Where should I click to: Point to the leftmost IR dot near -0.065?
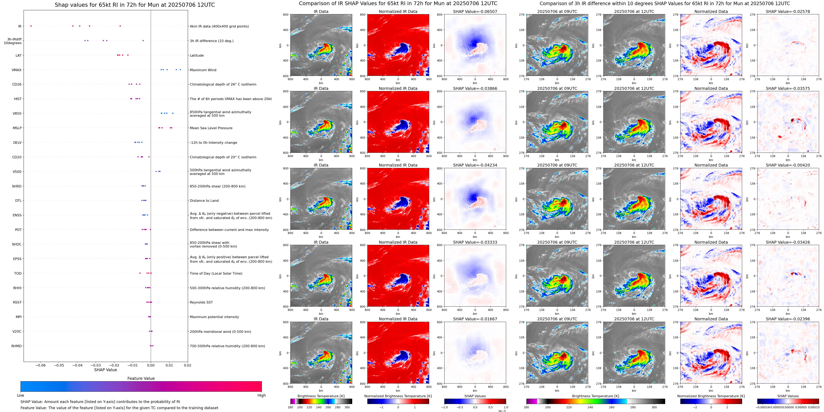pyautogui.click(x=31, y=26)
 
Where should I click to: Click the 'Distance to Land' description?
pyautogui.click(x=204, y=201)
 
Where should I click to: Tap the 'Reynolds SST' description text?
pyautogui.click(x=201, y=302)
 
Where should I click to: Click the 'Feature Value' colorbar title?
pyautogui.click(x=141, y=378)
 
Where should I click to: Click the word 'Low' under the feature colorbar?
pyautogui.click(x=21, y=395)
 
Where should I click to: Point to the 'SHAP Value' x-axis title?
pyautogui.click(x=105, y=370)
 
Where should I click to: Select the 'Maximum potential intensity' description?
pyautogui.click(x=214, y=317)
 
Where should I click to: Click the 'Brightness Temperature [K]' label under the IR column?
pyautogui.click(x=321, y=396)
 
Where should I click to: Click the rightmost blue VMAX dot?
pyautogui.click(x=180, y=70)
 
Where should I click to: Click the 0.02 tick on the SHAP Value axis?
pyautogui.click(x=187, y=365)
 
